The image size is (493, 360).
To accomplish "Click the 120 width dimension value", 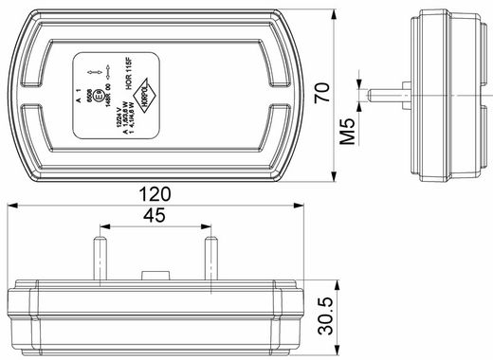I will click(155, 194).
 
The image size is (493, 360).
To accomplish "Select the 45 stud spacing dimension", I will click(155, 216).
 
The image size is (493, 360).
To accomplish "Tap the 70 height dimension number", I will click(322, 93).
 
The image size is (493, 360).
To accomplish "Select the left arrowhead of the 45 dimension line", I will click(102, 227).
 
